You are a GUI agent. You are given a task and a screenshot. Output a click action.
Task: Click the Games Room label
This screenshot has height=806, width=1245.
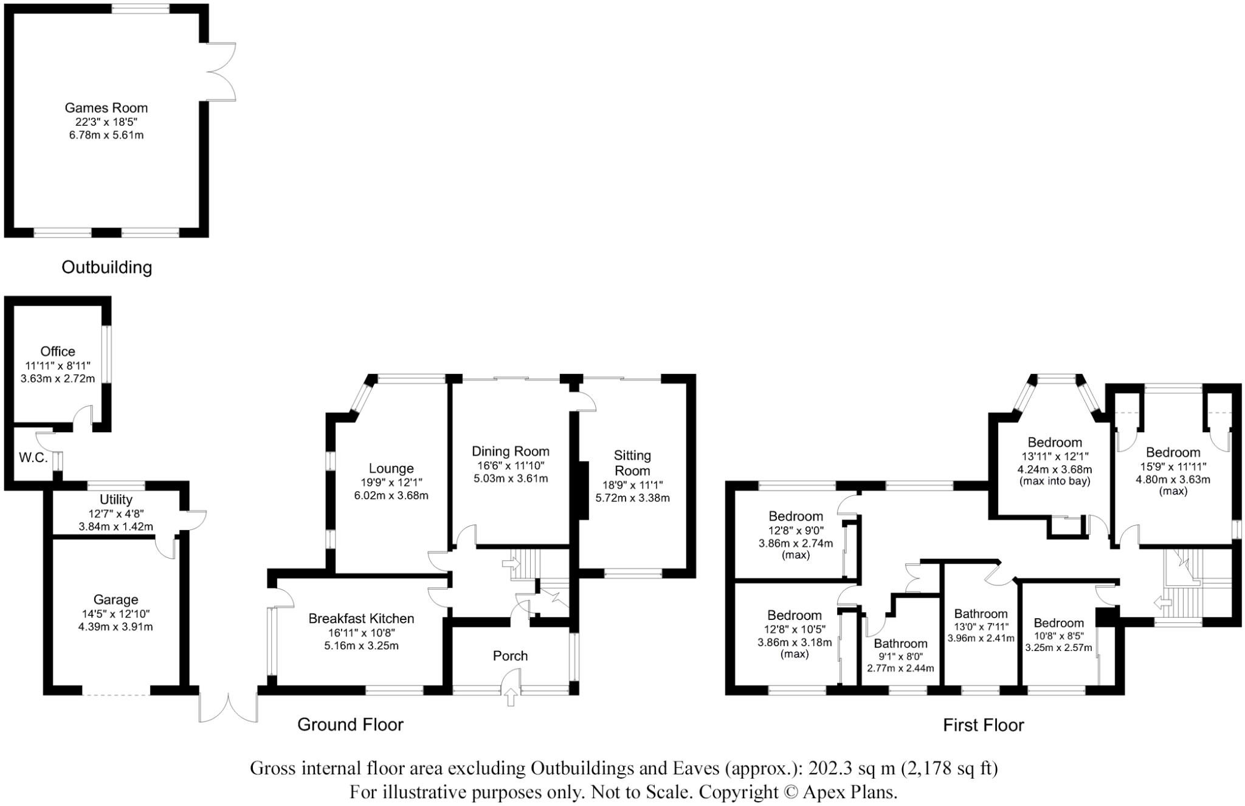pos(106,108)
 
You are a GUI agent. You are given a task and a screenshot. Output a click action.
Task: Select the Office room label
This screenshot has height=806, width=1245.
pos(58,351)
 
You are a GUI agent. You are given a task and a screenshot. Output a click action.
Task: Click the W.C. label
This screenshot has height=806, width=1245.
pos(33,458)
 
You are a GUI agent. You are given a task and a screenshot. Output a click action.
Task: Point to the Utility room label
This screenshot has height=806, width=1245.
pos(116,500)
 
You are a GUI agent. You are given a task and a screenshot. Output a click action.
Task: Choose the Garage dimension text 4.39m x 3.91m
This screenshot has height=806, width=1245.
pos(116,627)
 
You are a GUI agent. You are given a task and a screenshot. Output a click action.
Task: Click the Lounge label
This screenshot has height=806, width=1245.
pos(391,469)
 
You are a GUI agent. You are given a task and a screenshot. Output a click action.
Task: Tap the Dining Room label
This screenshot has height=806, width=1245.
pos(511,452)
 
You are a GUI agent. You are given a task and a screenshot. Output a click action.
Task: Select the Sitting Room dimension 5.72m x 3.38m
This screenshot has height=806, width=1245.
pos(632,498)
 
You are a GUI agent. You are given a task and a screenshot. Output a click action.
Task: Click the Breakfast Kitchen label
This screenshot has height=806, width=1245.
pos(361,619)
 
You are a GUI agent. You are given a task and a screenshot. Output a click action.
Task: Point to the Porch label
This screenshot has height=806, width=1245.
pos(510,656)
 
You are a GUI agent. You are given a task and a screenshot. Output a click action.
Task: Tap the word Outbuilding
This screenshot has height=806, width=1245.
pos(107,267)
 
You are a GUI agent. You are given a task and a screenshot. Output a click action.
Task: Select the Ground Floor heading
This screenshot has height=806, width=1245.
pos(350,725)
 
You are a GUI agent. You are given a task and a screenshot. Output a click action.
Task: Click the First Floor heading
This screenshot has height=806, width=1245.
pos(983,725)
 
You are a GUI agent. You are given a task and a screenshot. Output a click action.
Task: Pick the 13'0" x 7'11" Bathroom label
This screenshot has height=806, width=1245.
pos(981,614)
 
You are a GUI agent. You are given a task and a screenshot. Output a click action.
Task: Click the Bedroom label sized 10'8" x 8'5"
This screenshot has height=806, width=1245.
pos(1058,623)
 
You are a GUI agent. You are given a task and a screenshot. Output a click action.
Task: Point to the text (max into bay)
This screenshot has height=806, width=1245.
pos(1054,481)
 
